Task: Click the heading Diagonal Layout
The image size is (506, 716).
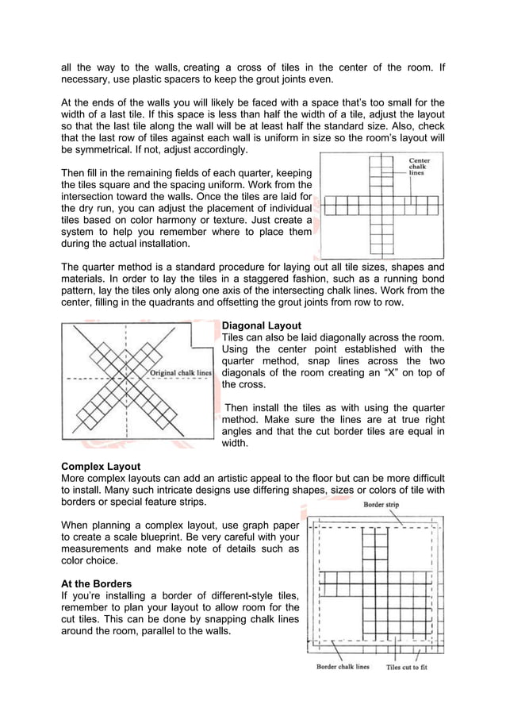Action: (x=261, y=325)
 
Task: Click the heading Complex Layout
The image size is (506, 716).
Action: (x=102, y=466)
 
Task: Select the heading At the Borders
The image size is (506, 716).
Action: (x=97, y=583)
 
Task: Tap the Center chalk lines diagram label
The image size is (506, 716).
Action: (x=420, y=167)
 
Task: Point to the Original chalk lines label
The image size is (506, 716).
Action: (x=180, y=372)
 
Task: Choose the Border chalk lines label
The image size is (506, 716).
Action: (x=343, y=667)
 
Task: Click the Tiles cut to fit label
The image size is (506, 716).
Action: (x=406, y=667)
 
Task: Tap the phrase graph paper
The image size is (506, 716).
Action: (x=266, y=525)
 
